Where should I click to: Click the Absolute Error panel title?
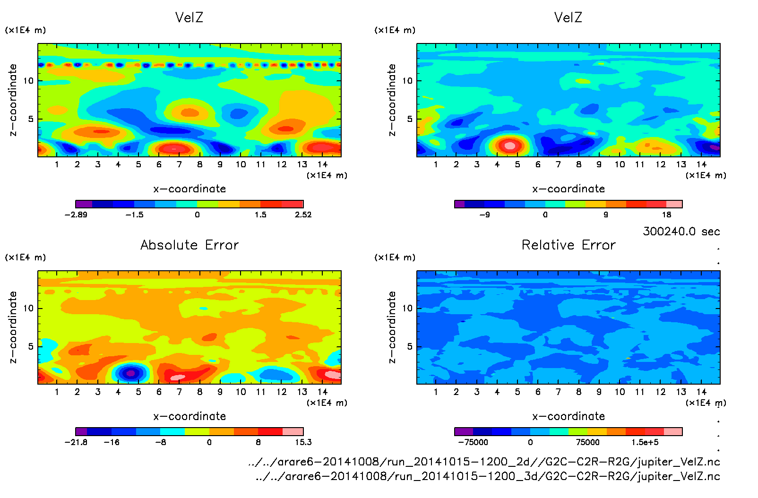coord(189,245)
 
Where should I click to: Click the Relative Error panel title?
coord(568,245)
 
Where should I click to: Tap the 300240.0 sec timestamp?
coord(681,232)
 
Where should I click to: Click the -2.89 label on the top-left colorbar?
coord(76,215)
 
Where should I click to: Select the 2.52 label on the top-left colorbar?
coord(303,215)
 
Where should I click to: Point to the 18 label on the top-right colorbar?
coord(666,215)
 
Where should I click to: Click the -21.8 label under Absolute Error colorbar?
coord(76,442)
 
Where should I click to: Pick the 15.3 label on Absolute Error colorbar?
coord(303,442)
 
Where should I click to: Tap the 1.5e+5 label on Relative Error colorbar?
coord(645,442)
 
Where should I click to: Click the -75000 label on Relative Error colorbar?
coord(473,442)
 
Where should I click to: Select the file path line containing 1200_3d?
coord(487,476)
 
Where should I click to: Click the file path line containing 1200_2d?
coord(484,462)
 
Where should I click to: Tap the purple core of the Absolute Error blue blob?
coord(131,373)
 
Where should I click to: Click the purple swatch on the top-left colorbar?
coord(84,204)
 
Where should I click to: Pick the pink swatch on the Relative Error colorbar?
coord(673,431)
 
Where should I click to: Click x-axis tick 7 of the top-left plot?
coord(179,164)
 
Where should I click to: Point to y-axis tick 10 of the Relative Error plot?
coord(407,308)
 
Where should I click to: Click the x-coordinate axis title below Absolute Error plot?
coord(189,416)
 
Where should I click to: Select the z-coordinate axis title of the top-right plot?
coord(392,100)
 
